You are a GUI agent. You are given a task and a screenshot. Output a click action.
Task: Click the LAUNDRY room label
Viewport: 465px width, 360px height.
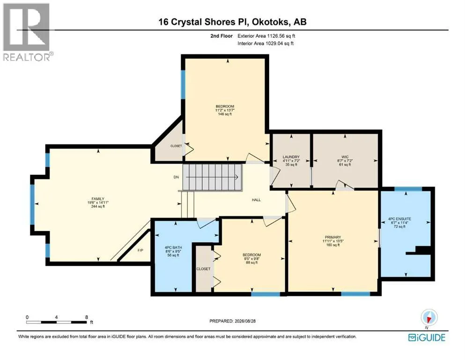[x=291, y=157]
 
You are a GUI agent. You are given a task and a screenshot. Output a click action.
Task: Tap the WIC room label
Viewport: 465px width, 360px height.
[x=345, y=157]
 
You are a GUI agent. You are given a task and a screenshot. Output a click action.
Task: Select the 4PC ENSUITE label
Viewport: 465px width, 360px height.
[x=399, y=219]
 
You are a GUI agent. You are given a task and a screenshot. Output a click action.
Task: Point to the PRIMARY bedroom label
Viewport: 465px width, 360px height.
[x=333, y=237]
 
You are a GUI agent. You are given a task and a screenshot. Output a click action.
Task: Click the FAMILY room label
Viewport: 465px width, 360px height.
[x=98, y=199]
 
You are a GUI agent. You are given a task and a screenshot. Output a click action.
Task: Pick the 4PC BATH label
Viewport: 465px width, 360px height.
[x=173, y=247]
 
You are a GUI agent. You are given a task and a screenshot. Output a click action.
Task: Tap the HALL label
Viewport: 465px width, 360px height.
[x=256, y=200]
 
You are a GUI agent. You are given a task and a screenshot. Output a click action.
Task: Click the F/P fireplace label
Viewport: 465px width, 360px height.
[x=140, y=250]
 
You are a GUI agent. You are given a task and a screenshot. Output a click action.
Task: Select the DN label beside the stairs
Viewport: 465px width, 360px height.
[x=176, y=177]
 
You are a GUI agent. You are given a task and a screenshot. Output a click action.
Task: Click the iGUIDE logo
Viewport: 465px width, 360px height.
[x=427, y=338]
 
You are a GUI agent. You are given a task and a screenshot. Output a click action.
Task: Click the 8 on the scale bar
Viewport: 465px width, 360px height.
[x=87, y=317]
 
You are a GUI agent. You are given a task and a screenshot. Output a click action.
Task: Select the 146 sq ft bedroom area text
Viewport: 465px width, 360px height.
[x=225, y=114]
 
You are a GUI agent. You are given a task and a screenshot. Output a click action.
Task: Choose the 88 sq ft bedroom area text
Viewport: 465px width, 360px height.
[x=252, y=262]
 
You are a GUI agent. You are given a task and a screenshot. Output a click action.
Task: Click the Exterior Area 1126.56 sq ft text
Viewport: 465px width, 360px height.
[x=266, y=36]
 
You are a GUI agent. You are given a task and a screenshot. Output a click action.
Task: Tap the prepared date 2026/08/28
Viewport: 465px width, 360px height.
[x=245, y=321]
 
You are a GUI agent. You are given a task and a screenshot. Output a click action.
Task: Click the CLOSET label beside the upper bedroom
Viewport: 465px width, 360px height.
[x=176, y=146]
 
